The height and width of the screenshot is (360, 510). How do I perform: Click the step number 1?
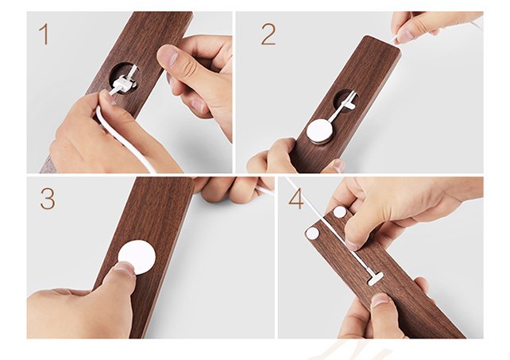pos(44,36)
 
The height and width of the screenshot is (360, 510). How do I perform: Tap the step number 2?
pos(268,35)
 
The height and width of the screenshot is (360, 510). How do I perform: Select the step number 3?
pos(47,199)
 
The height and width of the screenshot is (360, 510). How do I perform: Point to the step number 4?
pos(296,199)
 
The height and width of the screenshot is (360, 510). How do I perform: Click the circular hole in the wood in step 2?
pos(346,101)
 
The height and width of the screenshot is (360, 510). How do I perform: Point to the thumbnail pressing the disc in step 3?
pos(122,270)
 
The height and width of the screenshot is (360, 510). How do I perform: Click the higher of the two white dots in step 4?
pos(339,213)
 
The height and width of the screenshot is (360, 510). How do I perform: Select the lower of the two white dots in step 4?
pos(311,234)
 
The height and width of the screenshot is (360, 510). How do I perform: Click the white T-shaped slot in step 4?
pos(373,277)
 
